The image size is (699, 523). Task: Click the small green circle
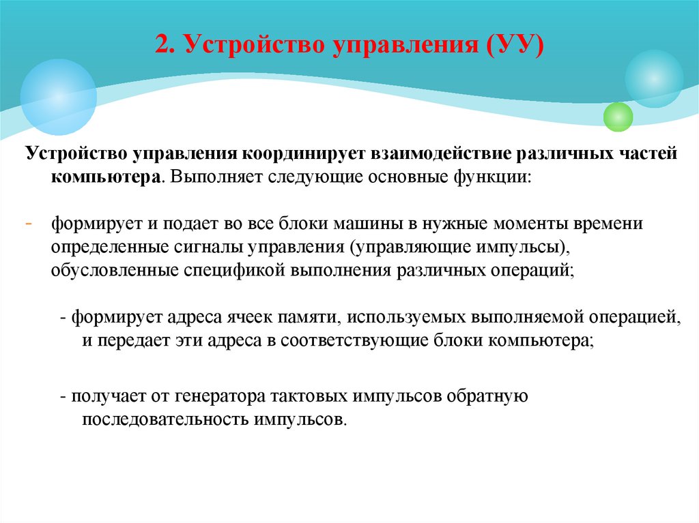pyautogui.click(x=618, y=117)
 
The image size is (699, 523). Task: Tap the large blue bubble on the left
pyautogui.click(x=58, y=97)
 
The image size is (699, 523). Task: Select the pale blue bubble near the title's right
pyautogui.click(x=653, y=78)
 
